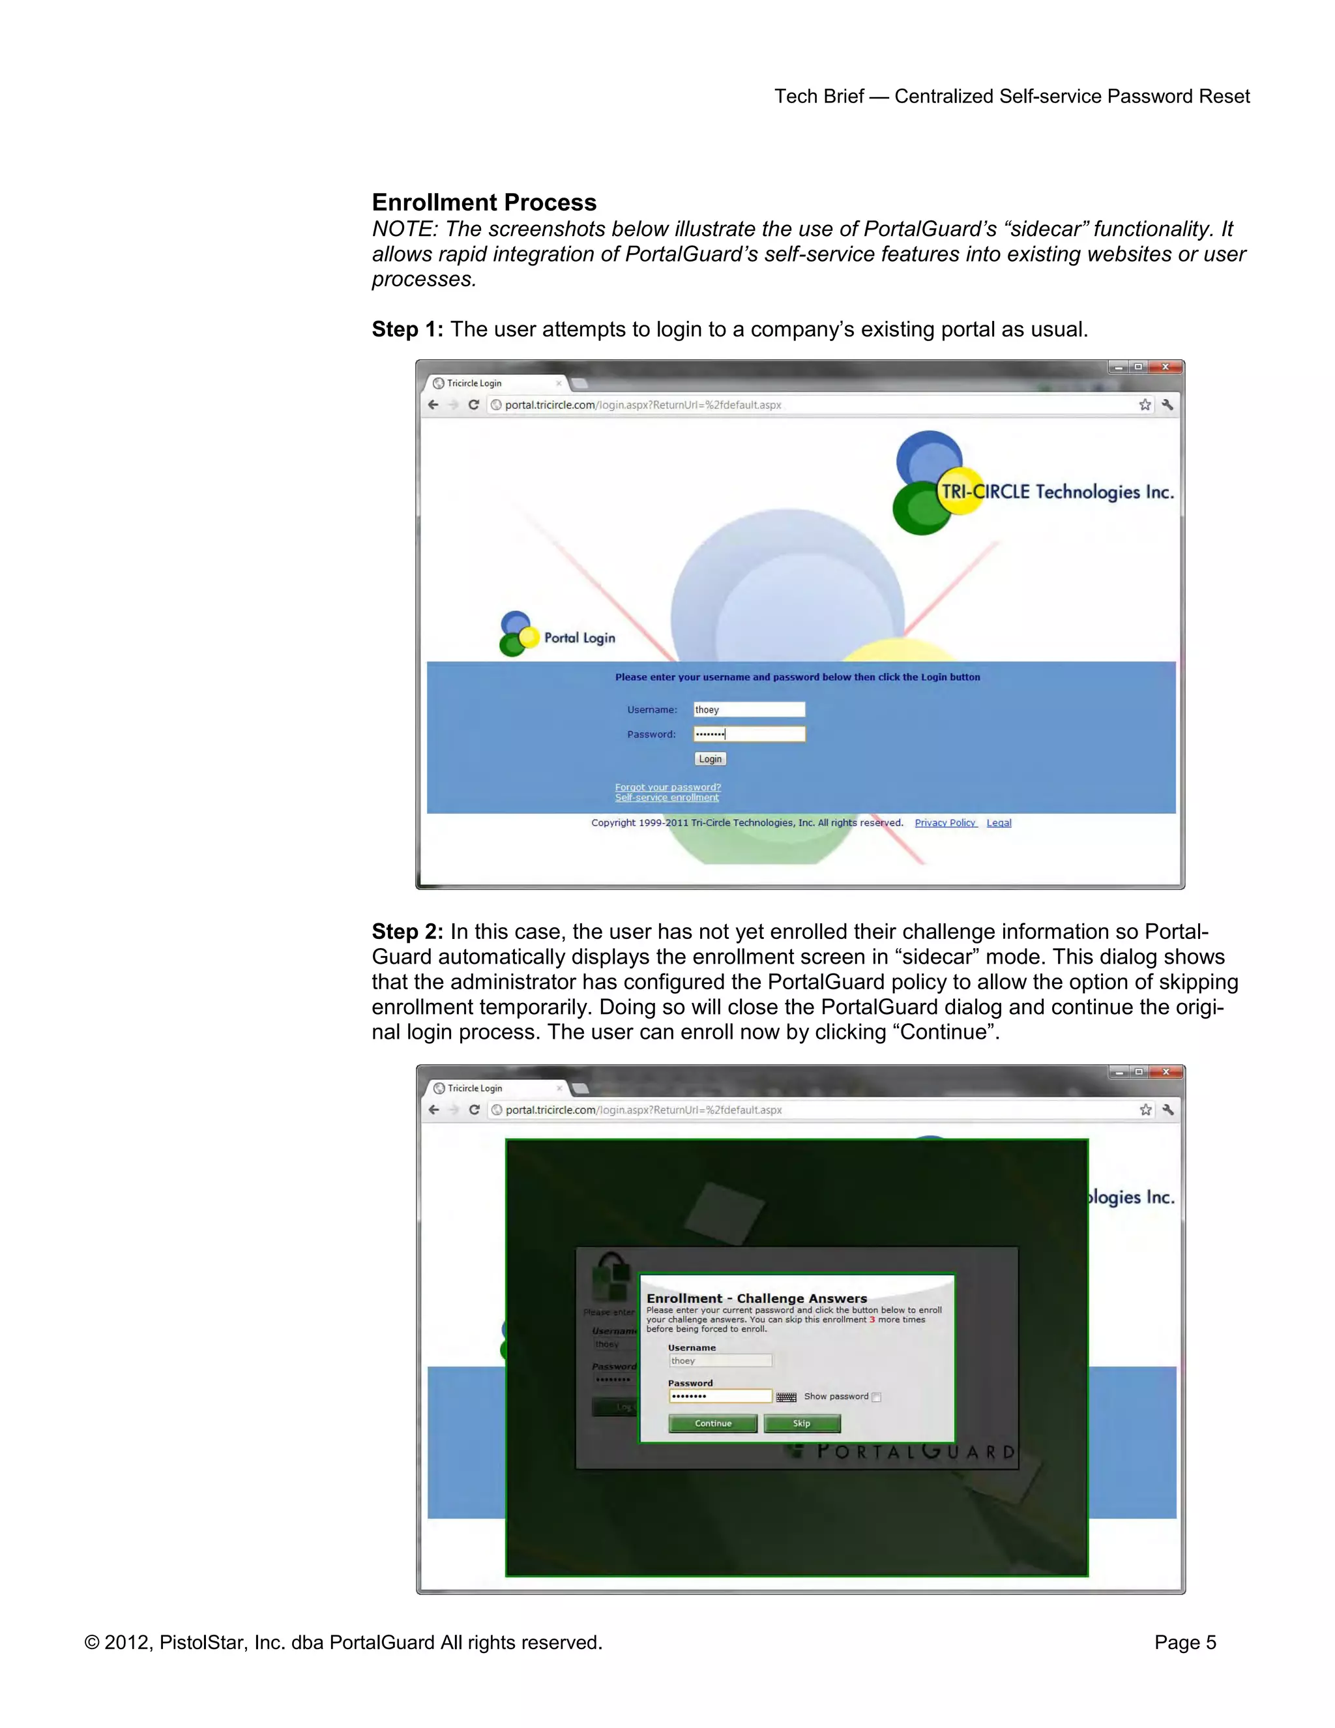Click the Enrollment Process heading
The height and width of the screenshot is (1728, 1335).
484,203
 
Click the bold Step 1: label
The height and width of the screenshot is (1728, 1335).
407,329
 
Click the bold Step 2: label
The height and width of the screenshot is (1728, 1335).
407,931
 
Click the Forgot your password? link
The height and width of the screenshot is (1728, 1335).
667,786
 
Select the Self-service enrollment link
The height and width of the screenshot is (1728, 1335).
667,797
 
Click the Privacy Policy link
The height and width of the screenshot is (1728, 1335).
945,823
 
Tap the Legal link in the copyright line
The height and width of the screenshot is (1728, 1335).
999,823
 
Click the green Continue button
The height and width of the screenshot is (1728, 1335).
712,1423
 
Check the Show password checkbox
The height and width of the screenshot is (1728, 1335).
876,1397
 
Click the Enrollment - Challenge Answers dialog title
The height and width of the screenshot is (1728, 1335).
757,1298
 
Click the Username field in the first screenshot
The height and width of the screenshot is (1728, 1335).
749,709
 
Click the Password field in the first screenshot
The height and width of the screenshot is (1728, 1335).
749,734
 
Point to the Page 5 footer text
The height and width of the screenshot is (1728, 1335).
1184,1643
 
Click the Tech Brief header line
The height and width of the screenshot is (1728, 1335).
1012,97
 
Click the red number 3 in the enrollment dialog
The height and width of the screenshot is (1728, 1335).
872,1320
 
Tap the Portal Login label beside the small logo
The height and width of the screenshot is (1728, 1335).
579,638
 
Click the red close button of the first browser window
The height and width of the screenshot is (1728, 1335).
1166,367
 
